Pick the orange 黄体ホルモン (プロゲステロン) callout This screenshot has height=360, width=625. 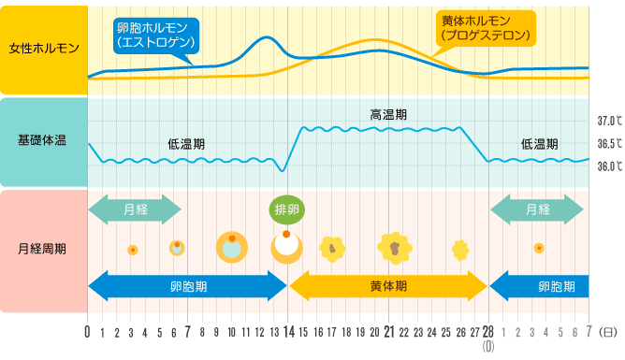coord(486,29)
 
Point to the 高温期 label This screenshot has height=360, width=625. coord(387,114)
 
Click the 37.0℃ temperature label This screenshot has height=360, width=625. coord(608,122)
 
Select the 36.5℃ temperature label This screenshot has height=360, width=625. coord(608,144)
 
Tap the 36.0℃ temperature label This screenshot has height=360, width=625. coord(608,167)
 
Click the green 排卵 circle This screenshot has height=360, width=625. coord(286,209)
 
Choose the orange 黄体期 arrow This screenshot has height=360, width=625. coord(387,284)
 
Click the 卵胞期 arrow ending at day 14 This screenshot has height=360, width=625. coord(188,284)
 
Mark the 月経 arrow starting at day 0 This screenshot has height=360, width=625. coord(135,209)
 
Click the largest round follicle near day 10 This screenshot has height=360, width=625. coord(231,248)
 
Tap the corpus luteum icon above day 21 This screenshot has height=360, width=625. coord(394,248)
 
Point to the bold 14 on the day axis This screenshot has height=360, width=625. coord(287,331)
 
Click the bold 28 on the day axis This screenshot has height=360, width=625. coord(487,331)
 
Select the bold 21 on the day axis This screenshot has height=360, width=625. coord(387,331)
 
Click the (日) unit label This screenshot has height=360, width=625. coord(609,332)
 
